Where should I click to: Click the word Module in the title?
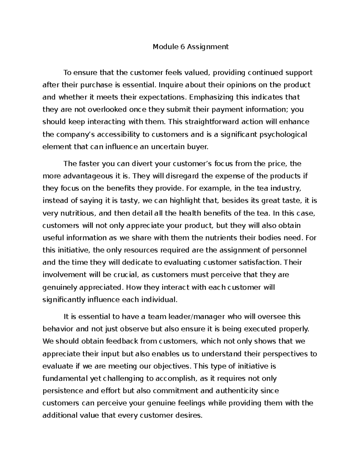(x=163, y=47)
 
